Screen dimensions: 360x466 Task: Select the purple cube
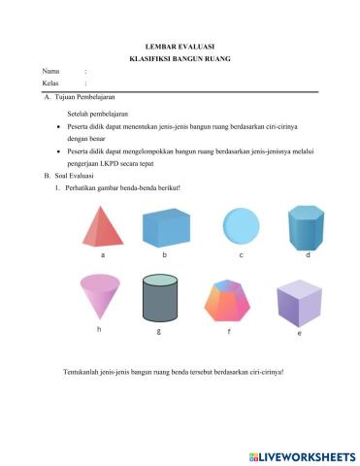point(298,304)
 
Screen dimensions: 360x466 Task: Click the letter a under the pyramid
point(102,255)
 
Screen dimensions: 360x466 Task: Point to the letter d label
point(308,254)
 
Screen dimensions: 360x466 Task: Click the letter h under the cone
point(99,330)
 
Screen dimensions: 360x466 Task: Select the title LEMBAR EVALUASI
point(180,46)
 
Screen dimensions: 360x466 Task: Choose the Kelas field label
point(50,84)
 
